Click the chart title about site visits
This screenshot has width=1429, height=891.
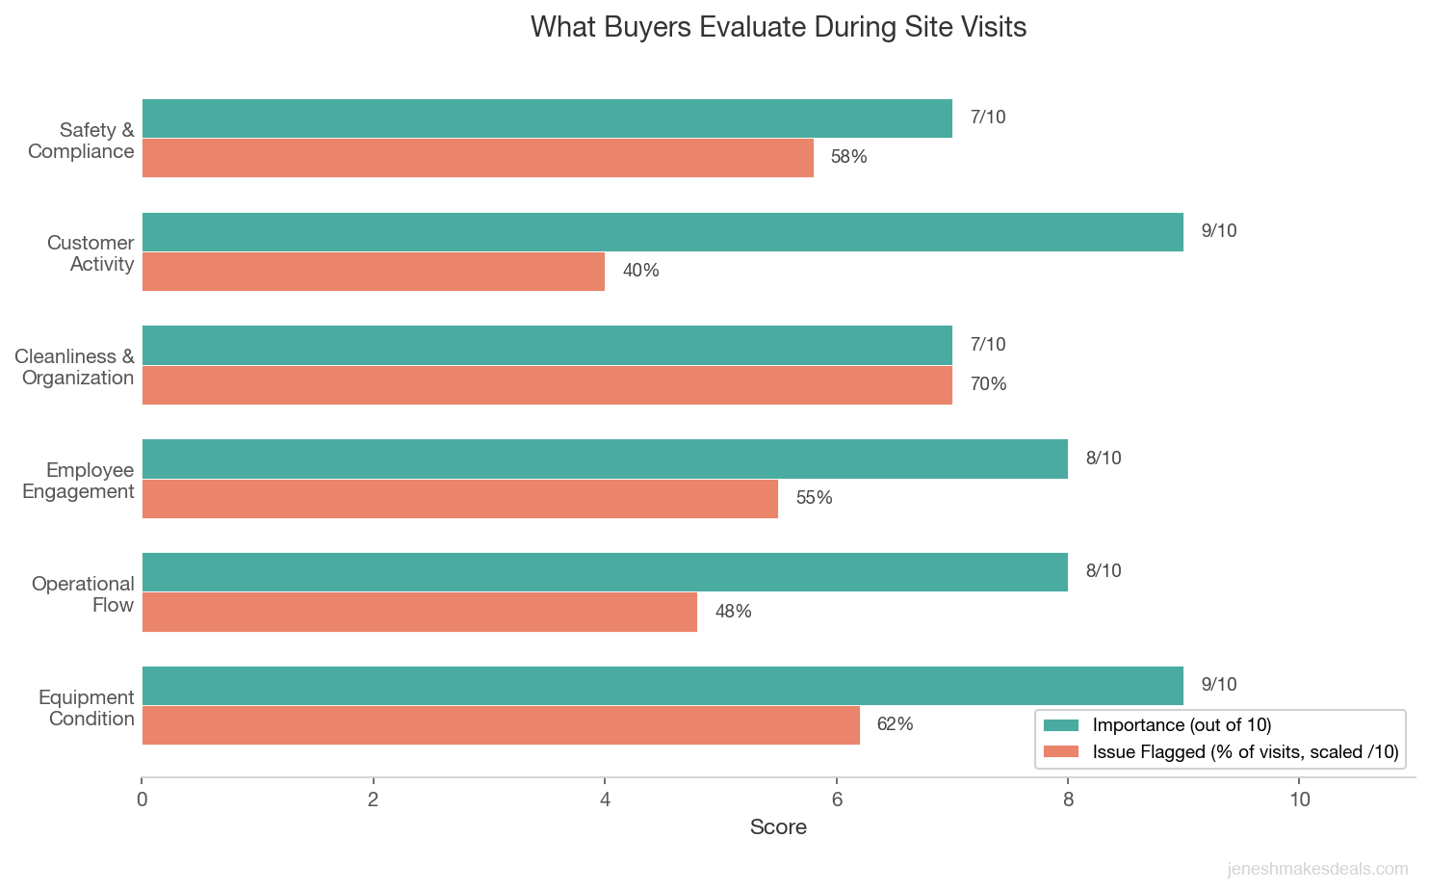[778, 27]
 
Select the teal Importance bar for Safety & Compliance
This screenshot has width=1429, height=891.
[547, 118]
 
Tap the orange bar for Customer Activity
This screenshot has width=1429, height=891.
[374, 272]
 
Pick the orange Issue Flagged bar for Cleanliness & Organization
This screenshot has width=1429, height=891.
[547, 385]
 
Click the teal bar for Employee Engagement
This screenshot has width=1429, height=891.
[605, 459]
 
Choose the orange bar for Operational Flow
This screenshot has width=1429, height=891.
[420, 612]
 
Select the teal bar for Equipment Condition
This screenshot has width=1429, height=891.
[663, 686]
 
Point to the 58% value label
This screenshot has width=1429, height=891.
[848, 157]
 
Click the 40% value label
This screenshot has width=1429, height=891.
[640, 271]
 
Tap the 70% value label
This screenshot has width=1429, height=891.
[988, 384]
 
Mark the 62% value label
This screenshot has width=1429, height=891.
[895, 724]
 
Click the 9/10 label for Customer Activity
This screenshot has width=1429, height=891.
[1218, 231]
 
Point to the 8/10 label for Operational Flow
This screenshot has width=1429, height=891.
[1103, 571]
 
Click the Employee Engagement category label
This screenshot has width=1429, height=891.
[78, 481]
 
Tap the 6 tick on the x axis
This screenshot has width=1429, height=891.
[837, 800]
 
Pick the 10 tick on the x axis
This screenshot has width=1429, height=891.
[1299, 800]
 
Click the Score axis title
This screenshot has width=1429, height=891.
[778, 827]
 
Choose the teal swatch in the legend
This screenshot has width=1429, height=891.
[1061, 725]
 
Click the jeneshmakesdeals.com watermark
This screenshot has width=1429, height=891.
[1317, 869]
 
